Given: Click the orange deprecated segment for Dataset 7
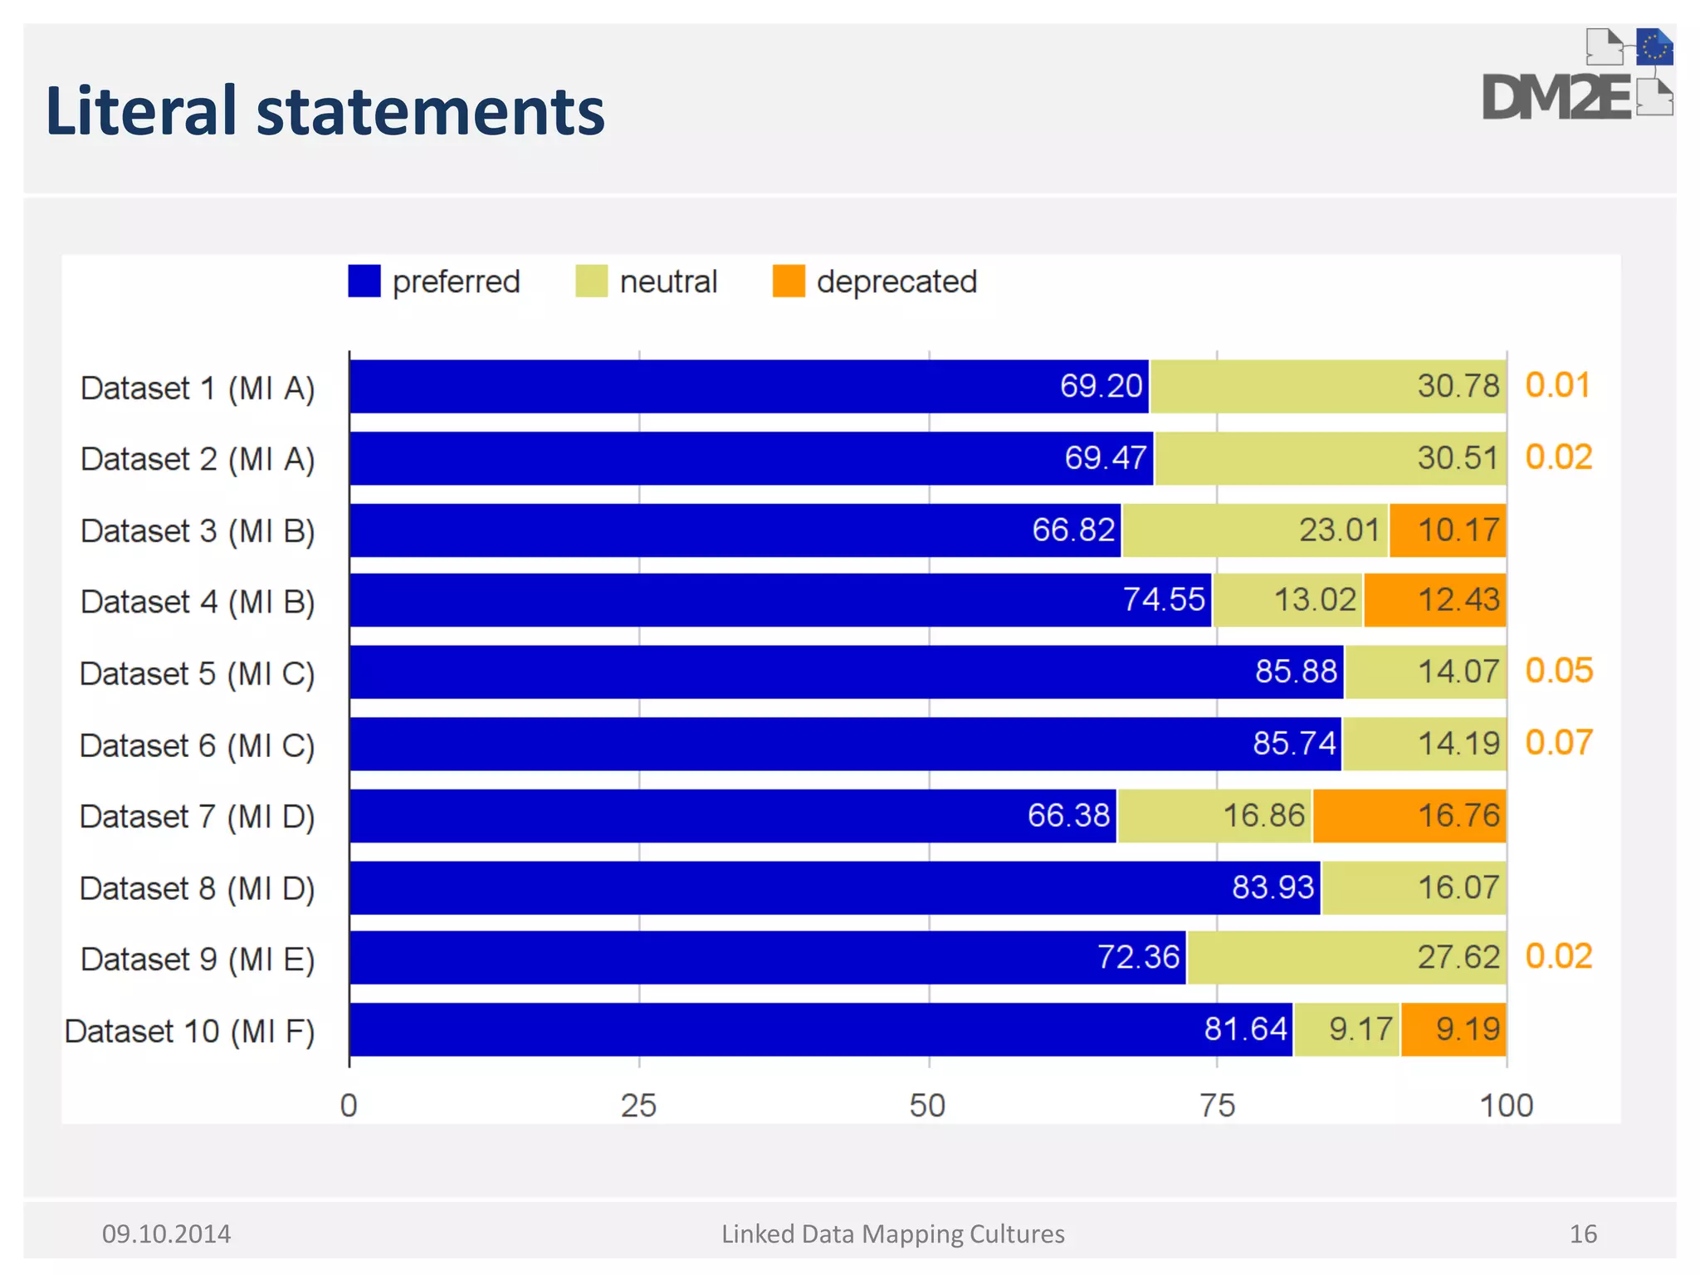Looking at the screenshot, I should pyautogui.click(x=1409, y=815).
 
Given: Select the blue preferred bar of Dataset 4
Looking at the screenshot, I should pyautogui.click(x=780, y=600).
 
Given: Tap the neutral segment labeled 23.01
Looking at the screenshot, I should pyautogui.click(x=1254, y=530).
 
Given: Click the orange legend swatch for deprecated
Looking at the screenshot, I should pyautogui.click(x=788, y=281).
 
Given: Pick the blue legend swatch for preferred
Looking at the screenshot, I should pyautogui.click(x=364, y=281).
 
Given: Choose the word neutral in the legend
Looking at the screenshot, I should pyautogui.click(x=668, y=282).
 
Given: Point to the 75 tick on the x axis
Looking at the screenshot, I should pyautogui.click(x=1217, y=1106).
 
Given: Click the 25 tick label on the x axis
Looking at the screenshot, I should pyautogui.click(x=638, y=1106).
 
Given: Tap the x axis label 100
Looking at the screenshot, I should pyautogui.click(x=1506, y=1106).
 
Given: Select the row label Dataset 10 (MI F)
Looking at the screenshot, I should pyautogui.click(x=190, y=1031).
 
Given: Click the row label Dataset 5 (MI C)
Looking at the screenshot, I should pyautogui.click(x=198, y=673).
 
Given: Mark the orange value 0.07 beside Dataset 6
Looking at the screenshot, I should pyautogui.click(x=1559, y=742).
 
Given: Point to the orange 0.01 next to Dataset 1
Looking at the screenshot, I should pyautogui.click(x=1557, y=385).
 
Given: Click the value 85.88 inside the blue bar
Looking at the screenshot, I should pyautogui.click(x=1296, y=671).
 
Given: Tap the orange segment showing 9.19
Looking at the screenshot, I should pyautogui.click(x=1453, y=1029).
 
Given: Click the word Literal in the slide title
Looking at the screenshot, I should pyautogui.click(x=141, y=111).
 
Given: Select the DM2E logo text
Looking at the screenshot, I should pyautogui.click(x=1556, y=98).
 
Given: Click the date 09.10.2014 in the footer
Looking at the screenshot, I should pyautogui.click(x=166, y=1233).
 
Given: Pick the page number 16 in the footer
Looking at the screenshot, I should pyautogui.click(x=1583, y=1233).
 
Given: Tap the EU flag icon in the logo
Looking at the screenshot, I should pyautogui.click(x=1654, y=47).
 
